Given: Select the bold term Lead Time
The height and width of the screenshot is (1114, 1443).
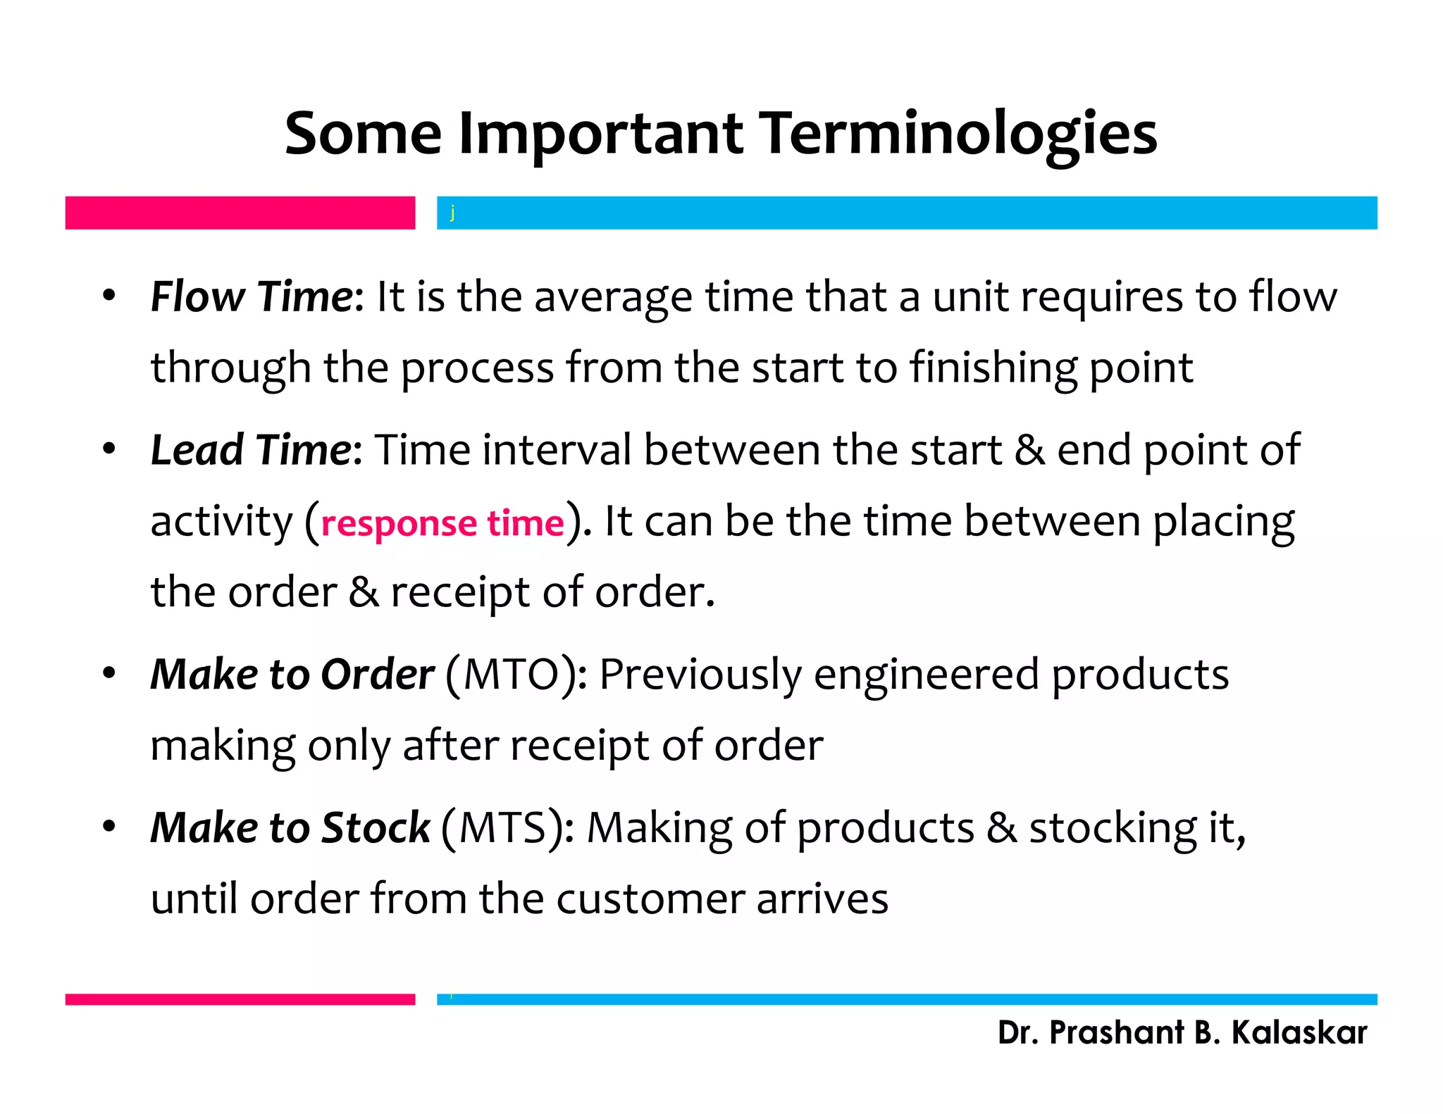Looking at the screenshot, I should tap(251, 450).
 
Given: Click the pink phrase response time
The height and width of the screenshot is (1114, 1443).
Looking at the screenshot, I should tap(442, 523).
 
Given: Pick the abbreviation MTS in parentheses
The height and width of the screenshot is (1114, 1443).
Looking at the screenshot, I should tap(504, 828).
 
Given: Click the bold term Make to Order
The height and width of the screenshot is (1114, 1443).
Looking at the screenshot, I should tap(292, 675).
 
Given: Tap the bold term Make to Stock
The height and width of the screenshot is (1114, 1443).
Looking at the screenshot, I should tap(290, 828).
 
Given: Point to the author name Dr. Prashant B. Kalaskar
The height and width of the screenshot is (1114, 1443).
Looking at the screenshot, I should tap(1182, 1033).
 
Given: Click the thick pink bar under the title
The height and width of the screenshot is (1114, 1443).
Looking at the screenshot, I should tap(240, 213).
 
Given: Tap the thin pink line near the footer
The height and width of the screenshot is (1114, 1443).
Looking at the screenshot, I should tap(240, 999).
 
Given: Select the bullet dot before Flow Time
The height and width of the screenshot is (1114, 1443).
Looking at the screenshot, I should tap(109, 296).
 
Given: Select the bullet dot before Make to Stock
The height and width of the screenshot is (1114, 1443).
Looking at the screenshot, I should tap(109, 827).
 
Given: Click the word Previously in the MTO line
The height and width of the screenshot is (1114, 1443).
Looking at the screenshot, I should tap(700, 675).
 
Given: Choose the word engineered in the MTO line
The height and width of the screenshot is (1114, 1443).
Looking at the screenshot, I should tap(926, 675).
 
